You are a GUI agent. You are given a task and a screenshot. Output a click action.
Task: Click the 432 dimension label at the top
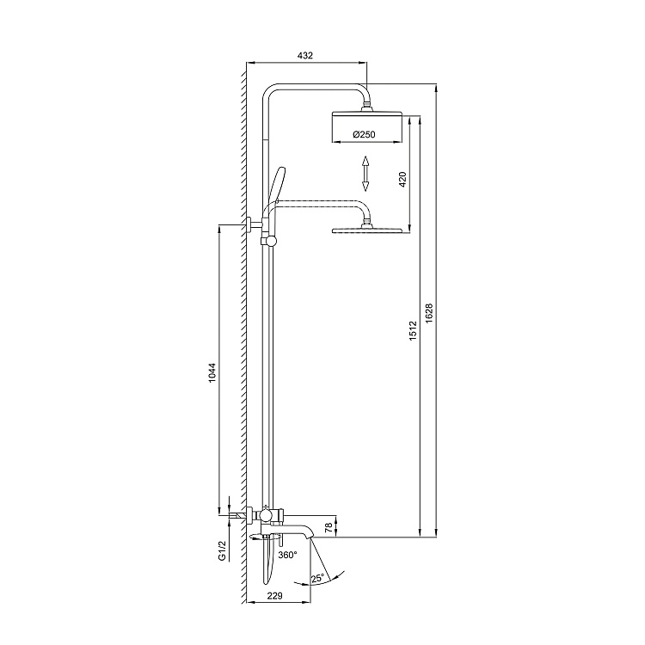304,55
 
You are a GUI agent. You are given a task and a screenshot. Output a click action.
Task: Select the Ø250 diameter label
364,134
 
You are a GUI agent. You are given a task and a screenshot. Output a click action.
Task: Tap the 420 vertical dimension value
402,180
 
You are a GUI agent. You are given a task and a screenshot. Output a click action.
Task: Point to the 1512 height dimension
413,330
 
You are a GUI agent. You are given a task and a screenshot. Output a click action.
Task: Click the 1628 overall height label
429,313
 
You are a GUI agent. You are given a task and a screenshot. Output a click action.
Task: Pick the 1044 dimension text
212,372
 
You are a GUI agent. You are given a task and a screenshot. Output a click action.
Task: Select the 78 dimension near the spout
329,528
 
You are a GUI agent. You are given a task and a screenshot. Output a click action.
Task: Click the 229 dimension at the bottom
275,595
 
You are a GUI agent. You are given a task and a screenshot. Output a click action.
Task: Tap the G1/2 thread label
223,550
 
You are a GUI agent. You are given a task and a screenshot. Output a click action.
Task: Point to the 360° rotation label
287,555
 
